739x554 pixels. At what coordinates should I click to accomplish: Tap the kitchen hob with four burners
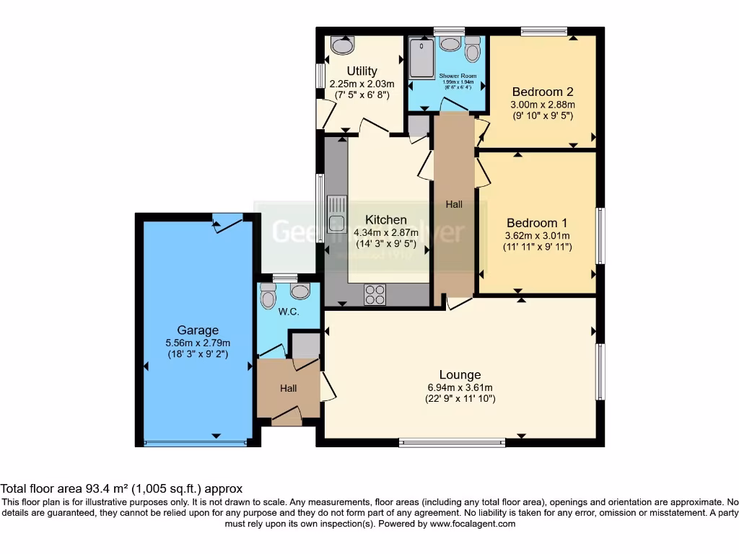375,294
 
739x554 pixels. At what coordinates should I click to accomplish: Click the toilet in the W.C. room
268,295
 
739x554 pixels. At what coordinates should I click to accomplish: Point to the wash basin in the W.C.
299,290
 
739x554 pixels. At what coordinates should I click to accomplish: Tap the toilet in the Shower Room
473,50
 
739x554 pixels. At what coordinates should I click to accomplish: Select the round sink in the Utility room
342,45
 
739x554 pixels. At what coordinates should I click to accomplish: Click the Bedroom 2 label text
542,92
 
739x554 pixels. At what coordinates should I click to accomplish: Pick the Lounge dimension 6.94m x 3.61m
460,387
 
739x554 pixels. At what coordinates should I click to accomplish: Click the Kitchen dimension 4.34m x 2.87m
385,232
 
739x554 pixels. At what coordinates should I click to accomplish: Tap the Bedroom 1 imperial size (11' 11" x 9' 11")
537,247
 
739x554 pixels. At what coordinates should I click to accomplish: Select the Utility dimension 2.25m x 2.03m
362,84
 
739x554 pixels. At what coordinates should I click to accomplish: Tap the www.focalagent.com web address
473,524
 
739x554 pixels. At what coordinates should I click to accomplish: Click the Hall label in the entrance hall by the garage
288,388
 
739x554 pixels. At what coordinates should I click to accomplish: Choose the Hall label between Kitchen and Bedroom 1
454,204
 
